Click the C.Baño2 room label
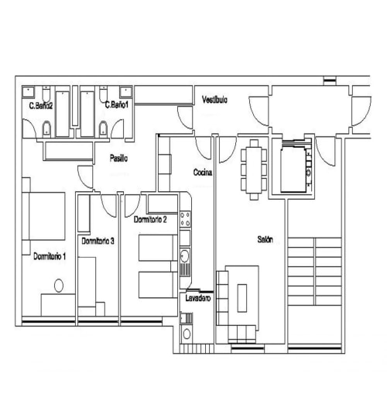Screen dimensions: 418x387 tap(40, 105)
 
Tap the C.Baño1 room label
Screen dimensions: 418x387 tap(118, 104)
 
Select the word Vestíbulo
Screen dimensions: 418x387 tap(214, 101)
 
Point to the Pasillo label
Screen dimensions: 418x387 tap(118, 159)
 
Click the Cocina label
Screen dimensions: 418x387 tap(203, 172)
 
